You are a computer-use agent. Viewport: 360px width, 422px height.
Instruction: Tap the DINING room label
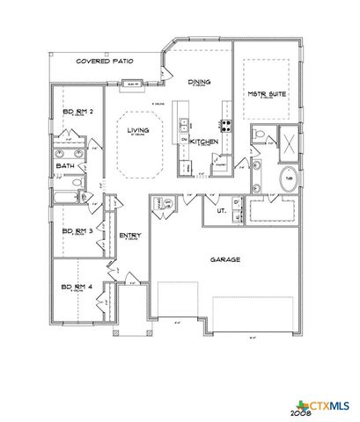[200, 82]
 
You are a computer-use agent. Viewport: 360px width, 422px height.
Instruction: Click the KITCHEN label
[204, 141]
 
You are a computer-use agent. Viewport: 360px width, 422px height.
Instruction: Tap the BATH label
[64, 164]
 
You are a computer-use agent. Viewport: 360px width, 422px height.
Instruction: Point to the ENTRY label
[130, 235]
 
